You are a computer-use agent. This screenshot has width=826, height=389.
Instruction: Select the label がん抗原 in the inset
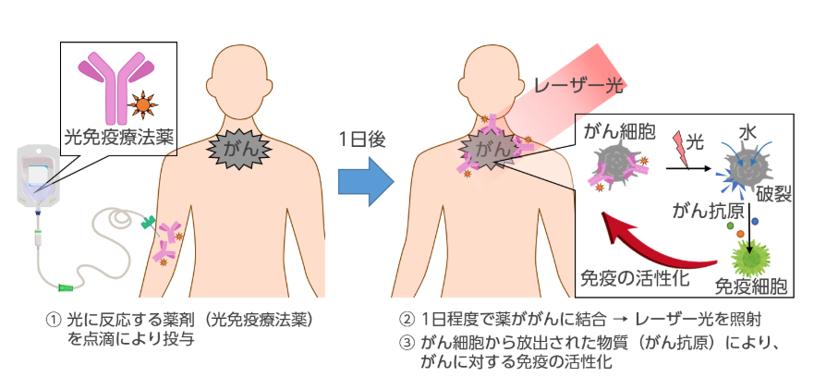pyautogui.click(x=705, y=211)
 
